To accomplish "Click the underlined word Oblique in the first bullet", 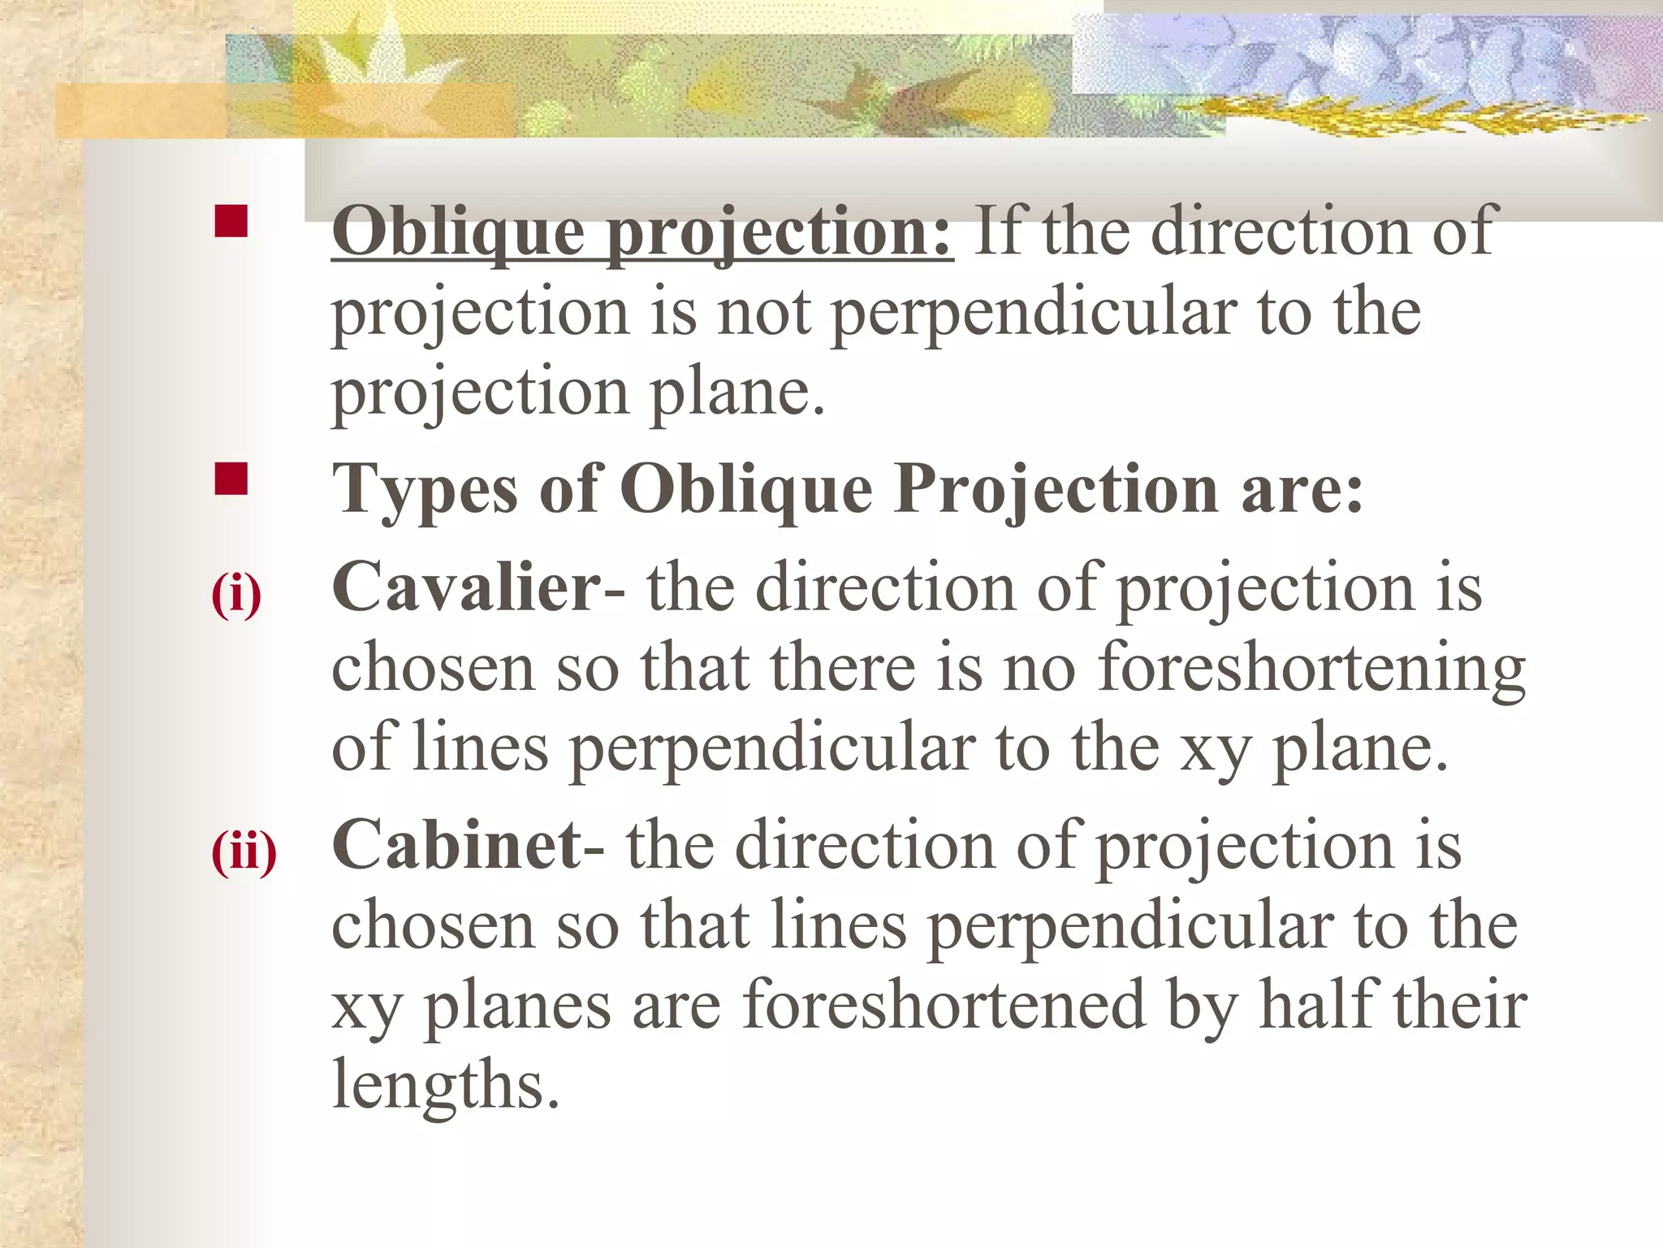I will [458, 232].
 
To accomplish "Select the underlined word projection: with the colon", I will [780, 234].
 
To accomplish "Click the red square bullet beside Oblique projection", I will [231, 221].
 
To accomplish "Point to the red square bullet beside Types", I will [231, 479].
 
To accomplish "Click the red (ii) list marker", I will [244, 852].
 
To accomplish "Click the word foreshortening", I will [1311, 669].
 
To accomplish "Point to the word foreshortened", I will [944, 1005].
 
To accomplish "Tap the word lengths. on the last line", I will [446, 1085].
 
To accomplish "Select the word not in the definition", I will [764, 313].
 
